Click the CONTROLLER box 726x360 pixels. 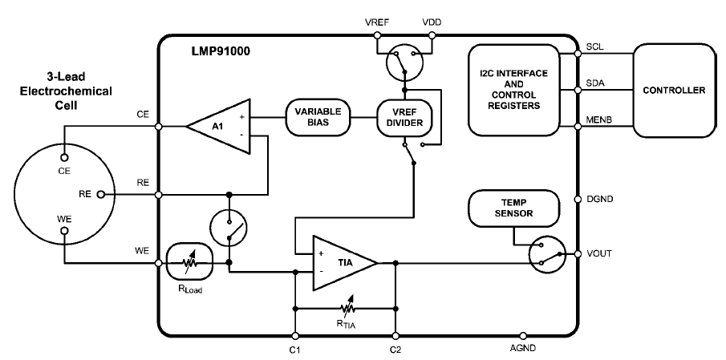674,89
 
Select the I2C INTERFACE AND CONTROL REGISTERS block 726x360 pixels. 510,89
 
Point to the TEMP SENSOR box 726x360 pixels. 504,208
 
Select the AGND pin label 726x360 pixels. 523,350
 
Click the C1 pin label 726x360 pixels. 295,350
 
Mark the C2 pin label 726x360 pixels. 395,350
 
